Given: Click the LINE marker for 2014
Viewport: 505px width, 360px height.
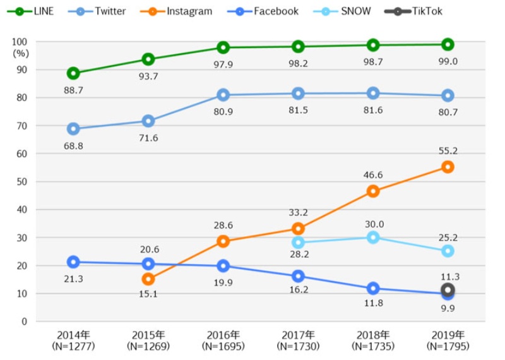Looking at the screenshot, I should tap(73, 73).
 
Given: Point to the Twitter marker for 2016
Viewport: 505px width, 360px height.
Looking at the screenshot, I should tap(223, 95).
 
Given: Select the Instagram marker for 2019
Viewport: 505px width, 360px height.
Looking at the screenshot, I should tap(448, 167).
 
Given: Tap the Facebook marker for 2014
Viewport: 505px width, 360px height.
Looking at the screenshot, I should tap(73, 261).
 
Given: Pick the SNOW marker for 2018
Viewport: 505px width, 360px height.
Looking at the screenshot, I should tap(373, 237).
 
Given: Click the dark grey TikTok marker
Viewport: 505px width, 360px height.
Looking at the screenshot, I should tap(448, 289).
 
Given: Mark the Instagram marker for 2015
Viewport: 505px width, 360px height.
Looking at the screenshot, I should tap(148, 279).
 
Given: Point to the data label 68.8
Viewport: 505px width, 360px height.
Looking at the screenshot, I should tap(73, 146).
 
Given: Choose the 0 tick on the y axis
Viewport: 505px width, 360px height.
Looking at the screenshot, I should tap(25, 321).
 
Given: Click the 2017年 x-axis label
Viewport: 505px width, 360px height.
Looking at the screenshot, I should tap(298, 335).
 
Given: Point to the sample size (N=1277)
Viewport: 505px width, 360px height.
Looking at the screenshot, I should tap(73, 346).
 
